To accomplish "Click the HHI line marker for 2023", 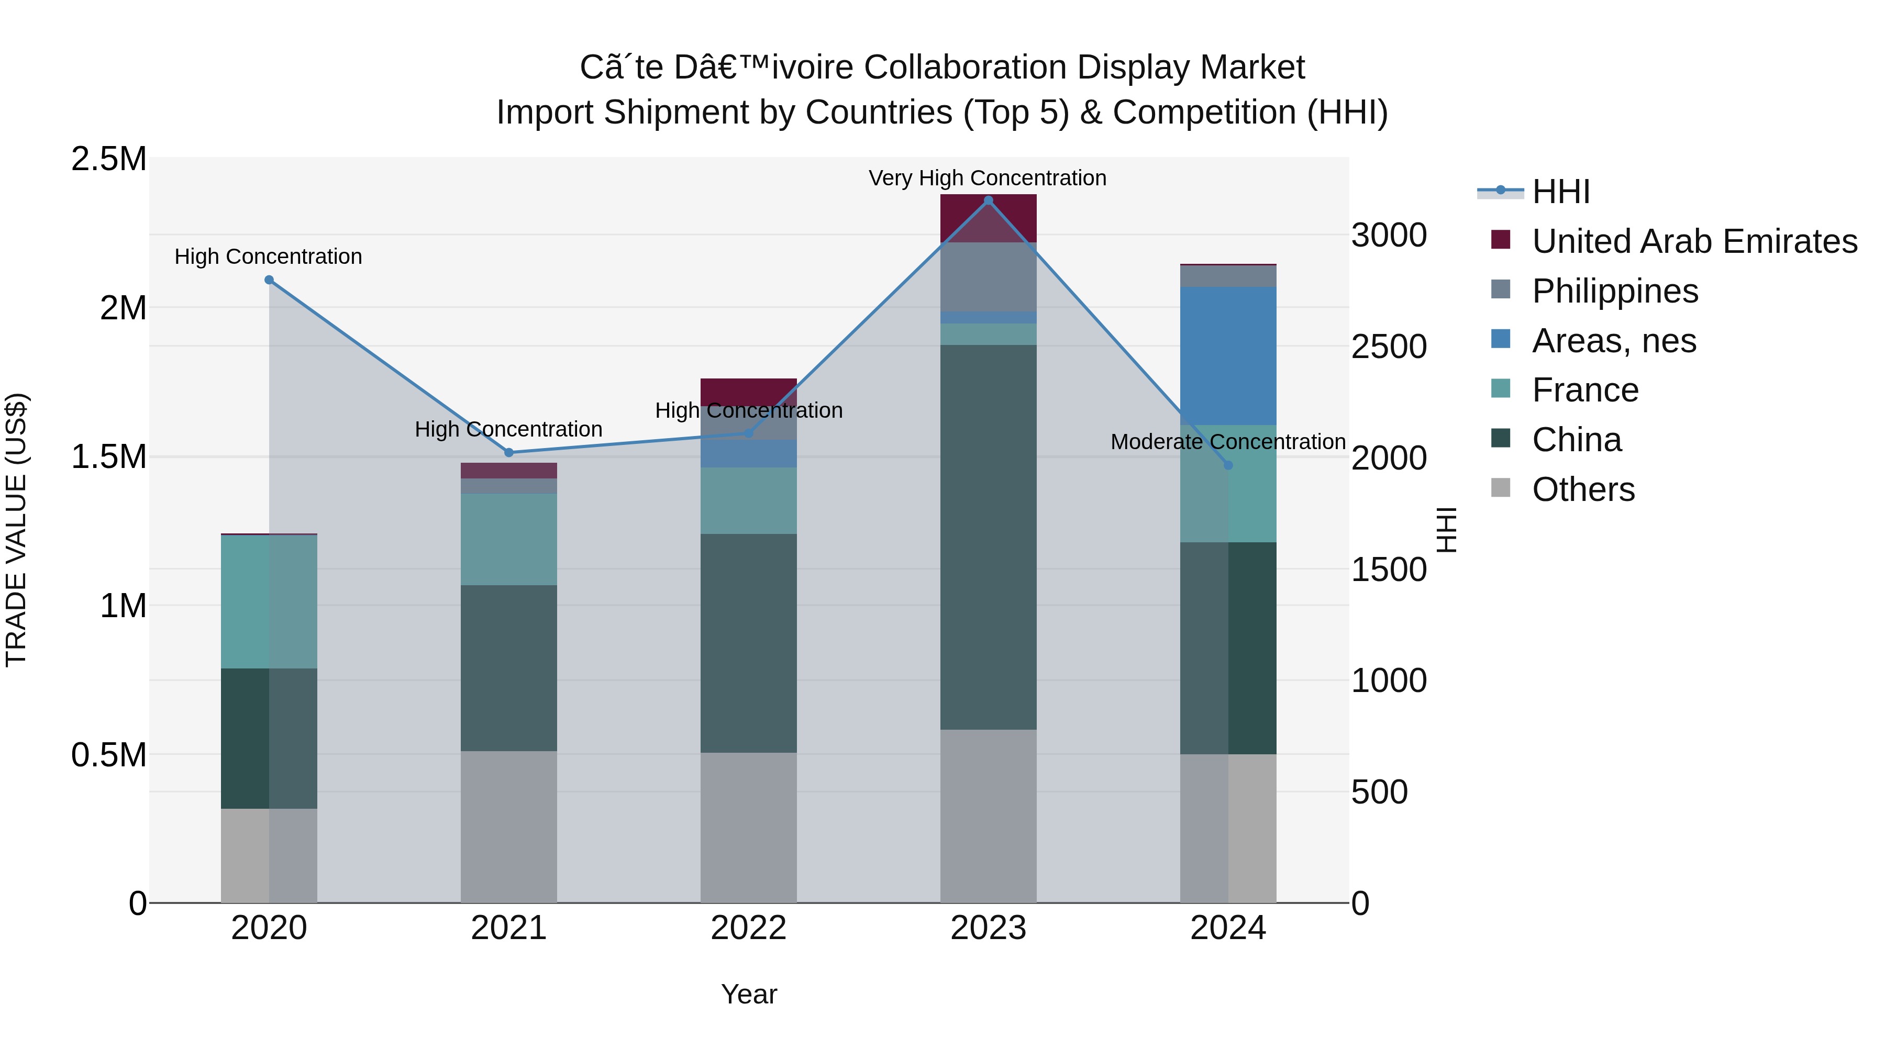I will (988, 200).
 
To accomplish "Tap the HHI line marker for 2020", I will (269, 280).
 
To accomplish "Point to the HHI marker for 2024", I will (1228, 465).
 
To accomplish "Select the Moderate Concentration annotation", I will (1228, 442).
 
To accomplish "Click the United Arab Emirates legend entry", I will (1694, 241).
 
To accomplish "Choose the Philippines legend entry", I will (1614, 291).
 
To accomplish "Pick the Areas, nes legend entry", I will (1614, 341).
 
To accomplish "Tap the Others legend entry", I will (1583, 489).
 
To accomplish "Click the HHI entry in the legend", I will (1560, 192).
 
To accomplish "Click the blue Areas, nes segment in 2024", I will (1228, 355).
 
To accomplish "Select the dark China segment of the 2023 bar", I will (988, 537).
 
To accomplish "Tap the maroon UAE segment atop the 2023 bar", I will (988, 218).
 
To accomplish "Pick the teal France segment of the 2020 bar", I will (269, 601).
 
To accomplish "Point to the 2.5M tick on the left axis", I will (108, 159).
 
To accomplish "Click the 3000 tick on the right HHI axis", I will (1388, 236).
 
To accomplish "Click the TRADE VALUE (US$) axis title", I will (16, 530).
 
